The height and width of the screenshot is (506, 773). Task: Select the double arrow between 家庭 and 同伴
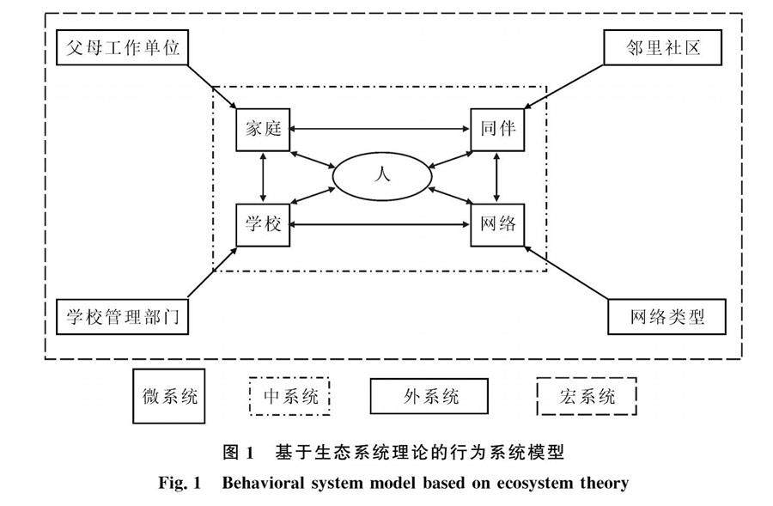pos(380,129)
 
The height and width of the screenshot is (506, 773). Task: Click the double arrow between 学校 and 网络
pos(380,224)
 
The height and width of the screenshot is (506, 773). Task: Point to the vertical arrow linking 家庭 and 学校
pos(263,178)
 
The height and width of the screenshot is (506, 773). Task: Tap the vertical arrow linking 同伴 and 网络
pos(496,178)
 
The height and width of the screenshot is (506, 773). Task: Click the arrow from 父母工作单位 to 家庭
pos(212,87)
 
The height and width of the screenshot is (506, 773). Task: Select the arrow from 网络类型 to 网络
pos(566,272)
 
